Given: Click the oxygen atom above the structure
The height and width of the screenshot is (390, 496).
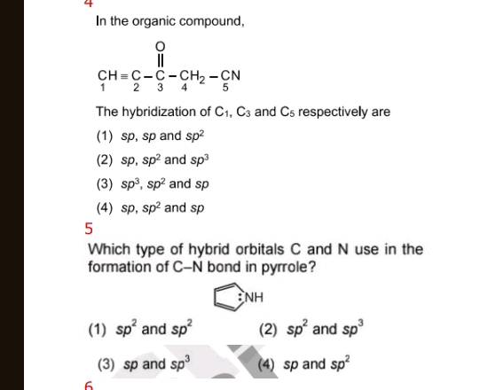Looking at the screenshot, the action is [160, 45].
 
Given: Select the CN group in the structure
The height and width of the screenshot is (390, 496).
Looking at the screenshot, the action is [231, 74].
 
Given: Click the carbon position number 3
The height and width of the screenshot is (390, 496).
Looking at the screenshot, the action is [160, 88].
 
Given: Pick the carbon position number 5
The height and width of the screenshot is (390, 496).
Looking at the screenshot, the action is [225, 88].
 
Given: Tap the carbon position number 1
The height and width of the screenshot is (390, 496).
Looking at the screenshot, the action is [103, 88].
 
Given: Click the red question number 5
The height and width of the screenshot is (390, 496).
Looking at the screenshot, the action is [89, 229].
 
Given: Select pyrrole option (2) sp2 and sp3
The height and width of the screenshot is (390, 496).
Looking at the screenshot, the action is [310, 330].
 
